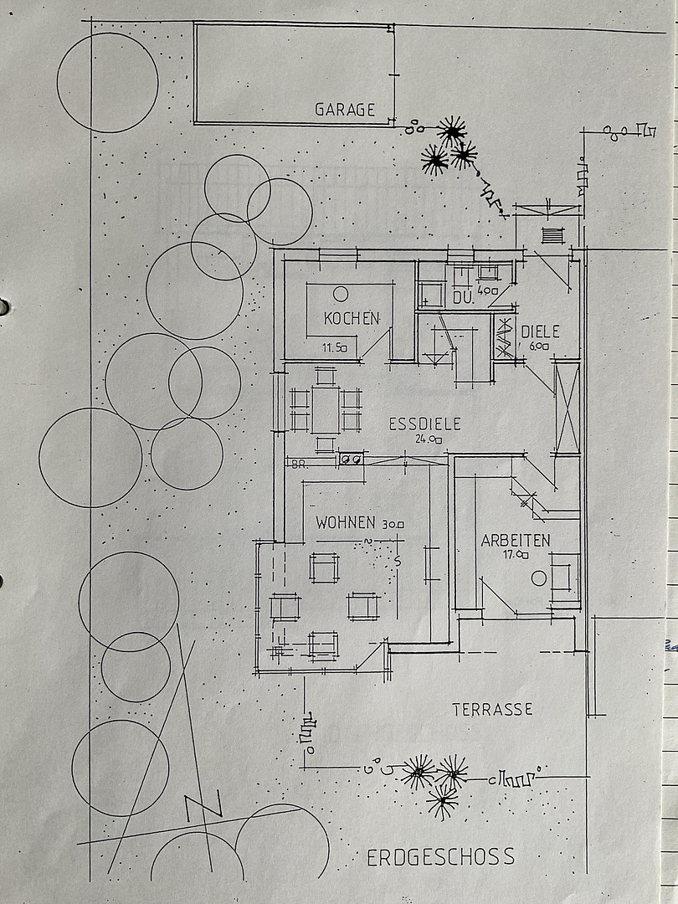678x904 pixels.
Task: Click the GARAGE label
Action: (x=345, y=109)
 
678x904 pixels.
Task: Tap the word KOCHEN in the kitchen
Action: (x=352, y=318)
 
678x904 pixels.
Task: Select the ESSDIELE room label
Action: (x=425, y=424)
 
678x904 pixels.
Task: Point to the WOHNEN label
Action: (x=346, y=522)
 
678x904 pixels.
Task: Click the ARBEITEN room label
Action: (x=516, y=540)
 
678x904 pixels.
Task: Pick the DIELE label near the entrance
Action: (x=540, y=331)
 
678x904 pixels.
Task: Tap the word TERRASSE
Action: (x=492, y=709)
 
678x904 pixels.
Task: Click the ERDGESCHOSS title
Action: (x=440, y=857)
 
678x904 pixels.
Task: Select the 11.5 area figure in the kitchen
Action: (x=334, y=347)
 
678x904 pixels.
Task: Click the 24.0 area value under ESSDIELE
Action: (x=429, y=439)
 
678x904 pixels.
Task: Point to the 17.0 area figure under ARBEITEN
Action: (x=516, y=555)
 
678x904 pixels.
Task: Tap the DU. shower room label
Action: (x=464, y=298)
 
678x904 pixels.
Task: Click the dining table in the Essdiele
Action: (x=325, y=410)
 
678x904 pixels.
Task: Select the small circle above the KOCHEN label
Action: (x=341, y=294)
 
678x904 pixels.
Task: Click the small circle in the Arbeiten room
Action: (x=539, y=578)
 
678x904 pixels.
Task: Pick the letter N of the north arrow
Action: (x=203, y=804)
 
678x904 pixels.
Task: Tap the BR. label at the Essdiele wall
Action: (x=299, y=465)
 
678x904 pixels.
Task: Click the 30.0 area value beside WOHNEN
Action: (x=393, y=524)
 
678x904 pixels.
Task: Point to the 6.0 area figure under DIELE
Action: (x=539, y=347)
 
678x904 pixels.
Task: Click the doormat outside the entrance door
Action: (x=552, y=235)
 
